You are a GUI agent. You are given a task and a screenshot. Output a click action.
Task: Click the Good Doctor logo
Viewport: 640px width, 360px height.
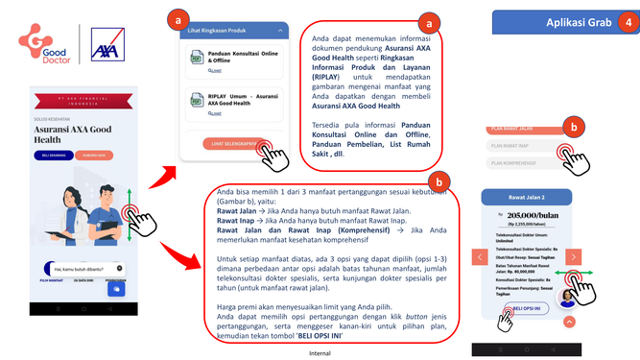46,46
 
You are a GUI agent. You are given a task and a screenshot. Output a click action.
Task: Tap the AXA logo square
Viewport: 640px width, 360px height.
106,46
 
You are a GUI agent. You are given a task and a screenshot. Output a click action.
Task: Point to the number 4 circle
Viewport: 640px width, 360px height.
627,22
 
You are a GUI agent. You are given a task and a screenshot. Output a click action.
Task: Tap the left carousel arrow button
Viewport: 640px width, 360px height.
479,257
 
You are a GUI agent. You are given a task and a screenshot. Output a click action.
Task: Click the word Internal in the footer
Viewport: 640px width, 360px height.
320,352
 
